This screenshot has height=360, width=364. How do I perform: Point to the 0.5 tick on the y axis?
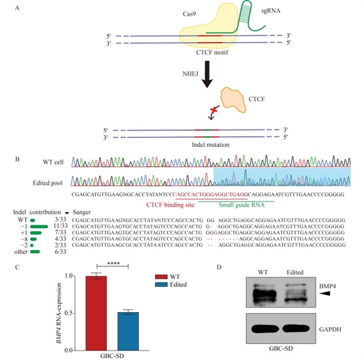76,313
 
